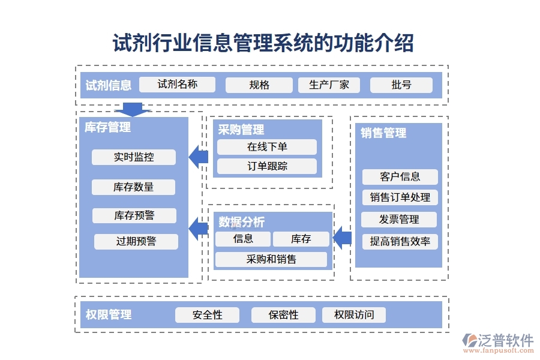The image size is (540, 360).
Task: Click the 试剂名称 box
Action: click(x=177, y=84)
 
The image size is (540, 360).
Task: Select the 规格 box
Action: click(x=259, y=85)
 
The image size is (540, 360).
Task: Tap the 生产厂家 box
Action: click(x=329, y=85)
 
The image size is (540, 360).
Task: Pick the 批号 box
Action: click(x=401, y=85)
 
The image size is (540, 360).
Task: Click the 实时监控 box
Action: click(x=134, y=157)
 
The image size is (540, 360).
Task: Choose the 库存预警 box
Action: click(x=134, y=215)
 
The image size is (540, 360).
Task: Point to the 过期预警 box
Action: click(x=136, y=241)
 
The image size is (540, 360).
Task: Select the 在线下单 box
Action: click(x=267, y=147)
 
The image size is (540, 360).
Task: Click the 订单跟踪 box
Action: click(x=267, y=166)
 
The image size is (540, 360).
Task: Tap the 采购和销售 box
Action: click(x=271, y=259)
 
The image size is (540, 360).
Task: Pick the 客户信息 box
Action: click(x=400, y=176)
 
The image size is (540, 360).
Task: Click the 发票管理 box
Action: click(x=399, y=220)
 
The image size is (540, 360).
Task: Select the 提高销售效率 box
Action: click(x=400, y=242)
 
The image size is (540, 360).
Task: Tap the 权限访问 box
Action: click(x=353, y=315)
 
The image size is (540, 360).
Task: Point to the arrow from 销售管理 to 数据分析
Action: click(x=343, y=237)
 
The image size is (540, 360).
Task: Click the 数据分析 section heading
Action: click(x=241, y=222)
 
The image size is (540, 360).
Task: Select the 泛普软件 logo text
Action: click(x=505, y=340)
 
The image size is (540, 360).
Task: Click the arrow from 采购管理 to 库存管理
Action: click(x=199, y=157)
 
